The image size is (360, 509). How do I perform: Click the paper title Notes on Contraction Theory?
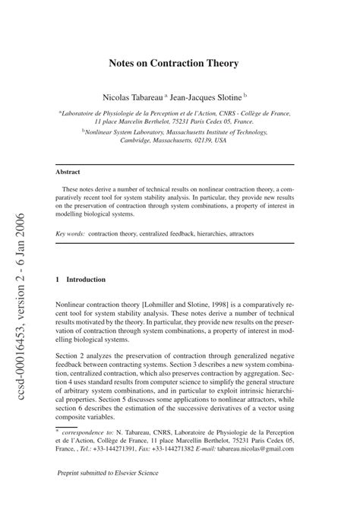click(x=180, y=63)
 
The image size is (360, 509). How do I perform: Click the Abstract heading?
click(x=68, y=172)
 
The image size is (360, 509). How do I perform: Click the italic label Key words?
click(x=70, y=233)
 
